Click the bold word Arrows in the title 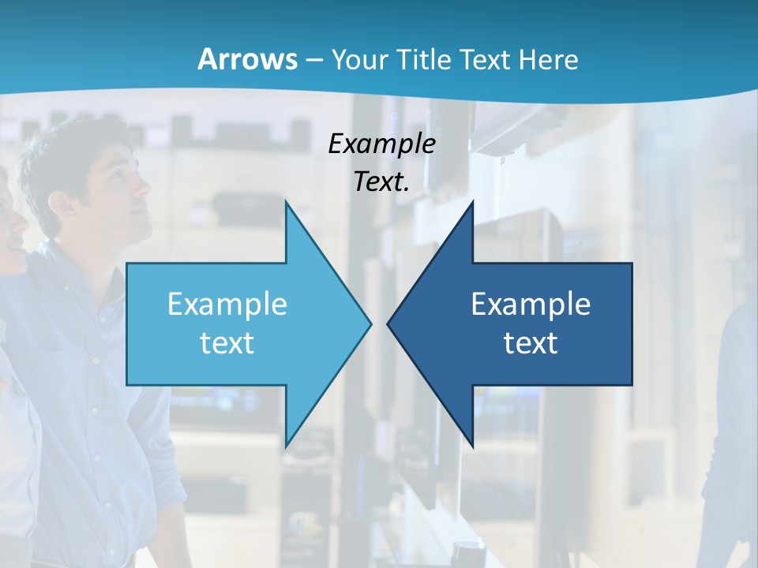pyautogui.click(x=248, y=59)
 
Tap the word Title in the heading pyautogui.click(x=424, y=59)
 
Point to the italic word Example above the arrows pyautogui.click(x=381, y=144)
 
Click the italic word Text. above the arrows pyautogui.click(x=381, y=182)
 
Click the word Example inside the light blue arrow pyautogui.click(x=227, y=305)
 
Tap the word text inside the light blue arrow pyautogui.click(x=227, y=343)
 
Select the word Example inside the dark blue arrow pyautogui.click(x=531, y=305)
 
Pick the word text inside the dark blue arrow pyautogui.click(x=531, y=343)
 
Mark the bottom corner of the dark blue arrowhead pyautogui.click(x=472, y=445)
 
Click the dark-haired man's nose pyautogui.click(x=147, y=188)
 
